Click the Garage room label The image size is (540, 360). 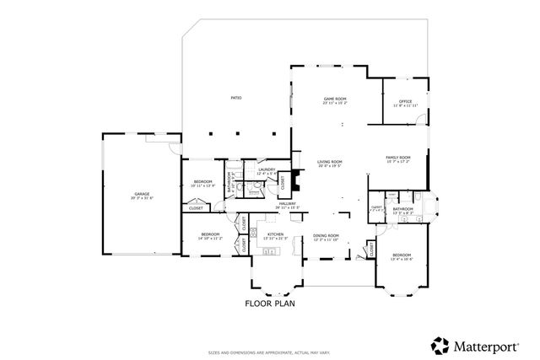[141, 195]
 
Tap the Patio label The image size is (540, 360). [237, 99]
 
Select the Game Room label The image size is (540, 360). [335, 99]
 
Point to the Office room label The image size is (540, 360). [405, 103]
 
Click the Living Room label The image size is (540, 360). [329, 163]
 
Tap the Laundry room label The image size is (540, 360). [267, 171]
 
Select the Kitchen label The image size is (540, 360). [275, 236]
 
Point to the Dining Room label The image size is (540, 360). [326, 237]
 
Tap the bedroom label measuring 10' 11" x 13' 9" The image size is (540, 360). [203, 183]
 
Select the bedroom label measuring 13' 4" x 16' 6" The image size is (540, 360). [401, 255]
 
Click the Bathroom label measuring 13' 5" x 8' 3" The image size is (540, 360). [402, 211]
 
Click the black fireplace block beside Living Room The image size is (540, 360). [295, 158]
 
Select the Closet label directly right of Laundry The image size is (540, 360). [283, 181]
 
